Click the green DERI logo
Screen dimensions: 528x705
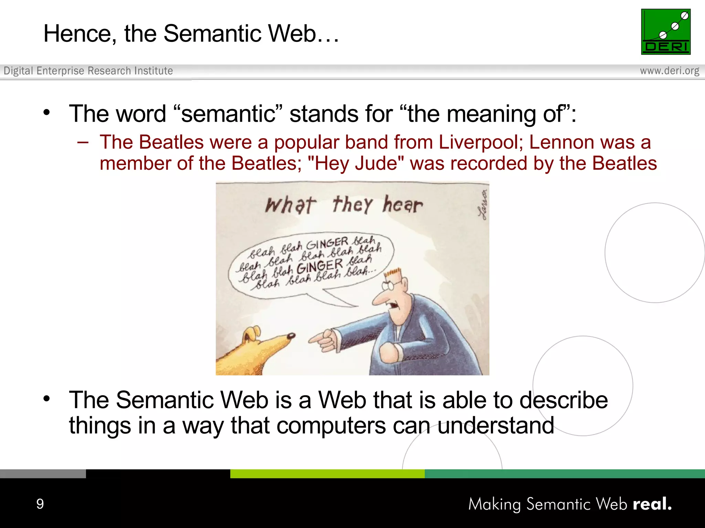coord(665,32)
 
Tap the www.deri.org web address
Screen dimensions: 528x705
coord(669,71)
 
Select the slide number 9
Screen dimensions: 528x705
coord(40,504)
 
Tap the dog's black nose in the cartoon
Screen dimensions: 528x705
coord(291,335)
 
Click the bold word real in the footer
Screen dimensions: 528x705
coord(652,504)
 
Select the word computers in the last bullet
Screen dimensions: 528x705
coord(331,426)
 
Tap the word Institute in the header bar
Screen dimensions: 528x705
coord(154,71)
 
